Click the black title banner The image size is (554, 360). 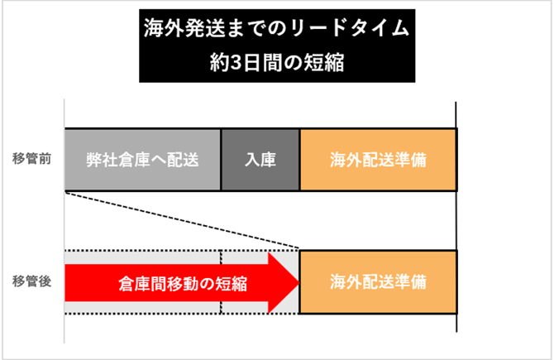pos(276,46)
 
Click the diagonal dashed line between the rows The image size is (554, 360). pos(182,220)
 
